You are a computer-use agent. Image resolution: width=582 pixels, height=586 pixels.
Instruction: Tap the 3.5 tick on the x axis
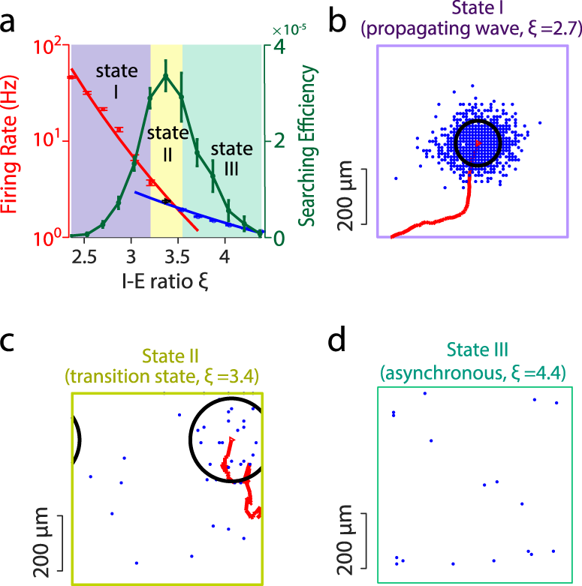click(177, 258)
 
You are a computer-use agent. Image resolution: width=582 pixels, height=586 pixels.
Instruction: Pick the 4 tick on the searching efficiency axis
click(278, 47)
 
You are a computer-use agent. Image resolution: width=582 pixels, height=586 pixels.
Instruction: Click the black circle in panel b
click(478, 143)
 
